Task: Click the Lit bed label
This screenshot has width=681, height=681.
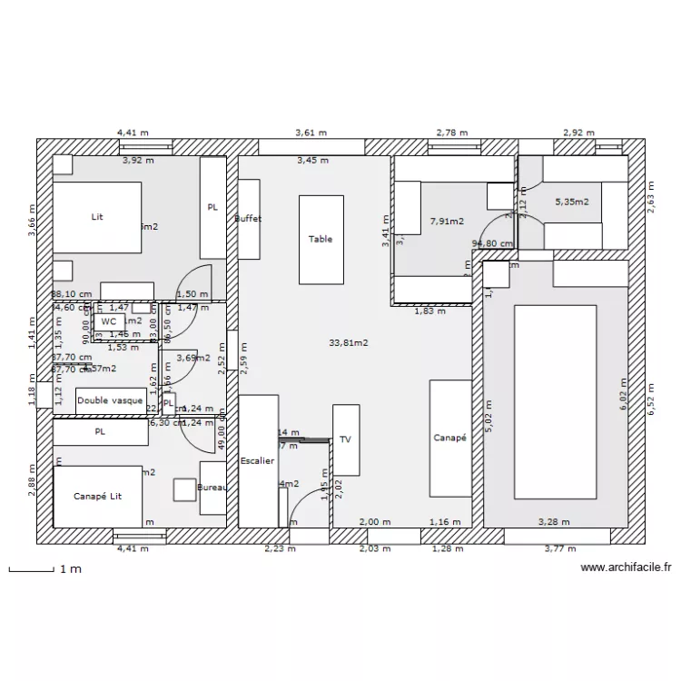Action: click(x=97, y=217)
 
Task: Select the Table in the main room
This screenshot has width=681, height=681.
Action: click(x=321, y=239)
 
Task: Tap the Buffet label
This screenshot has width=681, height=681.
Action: click(x=248, y=219)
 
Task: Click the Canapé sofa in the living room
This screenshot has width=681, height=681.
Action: click(x=449, y=438)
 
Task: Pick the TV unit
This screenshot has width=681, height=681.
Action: click(x=345, y=439)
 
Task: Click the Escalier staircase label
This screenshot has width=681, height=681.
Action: click(x=258, y=461)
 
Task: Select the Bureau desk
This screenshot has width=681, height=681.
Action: click(x=212, y=488)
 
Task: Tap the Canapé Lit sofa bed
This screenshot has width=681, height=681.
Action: click(x=97, y=496)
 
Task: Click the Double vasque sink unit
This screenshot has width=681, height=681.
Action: click(x=110, y=400)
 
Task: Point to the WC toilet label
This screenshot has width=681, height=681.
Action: click(x=109, y=321)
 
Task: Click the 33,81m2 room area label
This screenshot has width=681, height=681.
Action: click(x=348, y=342)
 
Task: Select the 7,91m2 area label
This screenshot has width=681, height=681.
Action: click(x=447, y=221)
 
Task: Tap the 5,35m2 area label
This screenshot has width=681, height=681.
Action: click(x=572, y=202)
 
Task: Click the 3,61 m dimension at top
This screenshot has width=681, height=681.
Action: click(x=311, y=133)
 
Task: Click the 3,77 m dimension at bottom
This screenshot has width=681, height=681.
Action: click(x=559, y=548)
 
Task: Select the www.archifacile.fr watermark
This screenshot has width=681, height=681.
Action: click(x=626, y=568)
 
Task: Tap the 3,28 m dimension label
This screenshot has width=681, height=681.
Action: click(x=553, y=522)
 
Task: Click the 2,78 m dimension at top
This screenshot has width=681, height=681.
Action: click(x=452, y=133)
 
